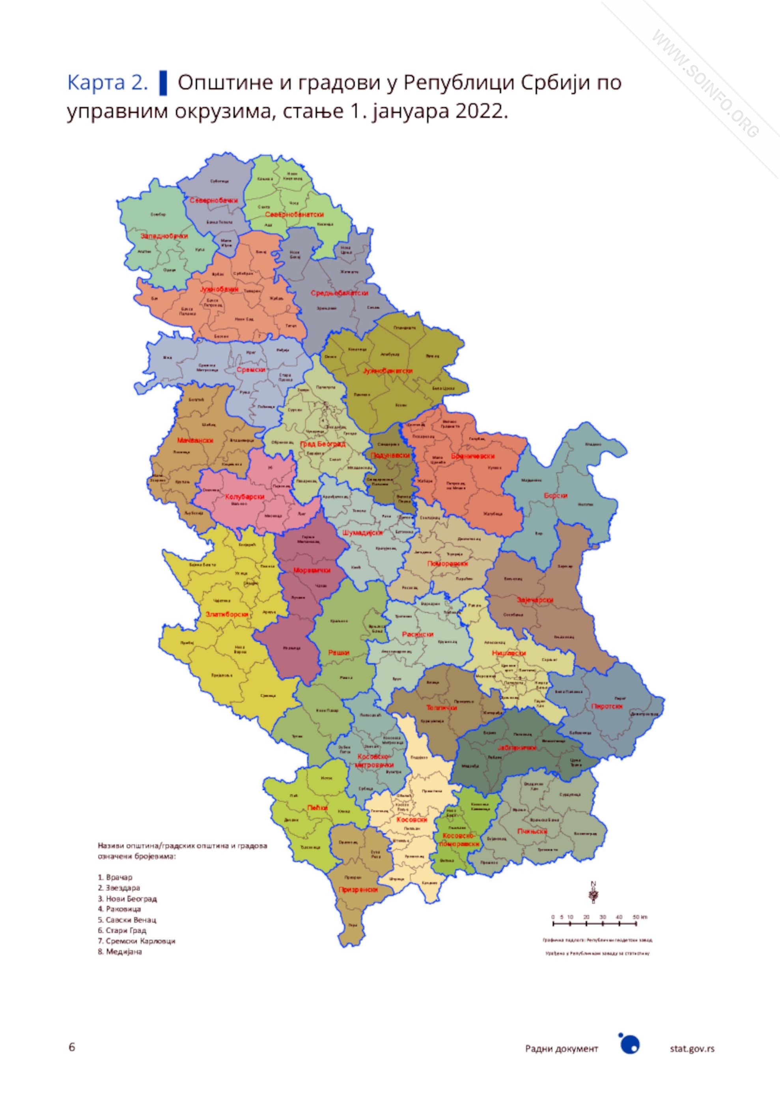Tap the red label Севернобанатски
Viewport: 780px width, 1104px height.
click(x=294, y=214)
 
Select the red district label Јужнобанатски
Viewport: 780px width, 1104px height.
click(x=388, y=371)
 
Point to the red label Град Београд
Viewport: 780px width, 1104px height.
click(x=322, y=444)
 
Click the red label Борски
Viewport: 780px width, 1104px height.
click(x=556, y=495)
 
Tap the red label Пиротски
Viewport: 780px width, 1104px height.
click(x=607, y=706)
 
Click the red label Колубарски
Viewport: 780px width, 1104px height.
click(x=245, y=497)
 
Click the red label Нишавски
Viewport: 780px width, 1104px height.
click(x=509, y=653)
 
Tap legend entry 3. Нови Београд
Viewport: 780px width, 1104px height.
click(x=127, y=898)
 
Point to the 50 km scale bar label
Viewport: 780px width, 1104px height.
click(x=640, y=917)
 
